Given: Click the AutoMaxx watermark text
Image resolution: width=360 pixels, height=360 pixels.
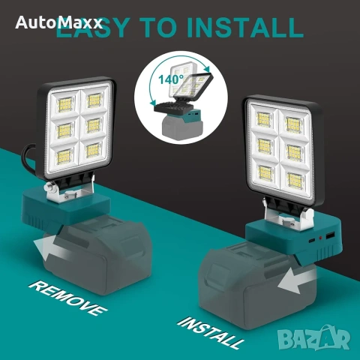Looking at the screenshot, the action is [x=58, y=22].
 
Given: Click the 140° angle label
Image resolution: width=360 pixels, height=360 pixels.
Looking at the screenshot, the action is [x=171, y=79].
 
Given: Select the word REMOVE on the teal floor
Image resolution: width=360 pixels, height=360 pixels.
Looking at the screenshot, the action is [x=68, y=298].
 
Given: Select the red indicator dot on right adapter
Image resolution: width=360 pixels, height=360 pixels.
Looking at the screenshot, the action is [x=320, y=238].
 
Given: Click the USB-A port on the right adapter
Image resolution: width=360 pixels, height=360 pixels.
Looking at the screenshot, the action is [x=330, y=235].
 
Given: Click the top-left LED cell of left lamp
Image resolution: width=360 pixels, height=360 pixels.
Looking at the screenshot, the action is [x=64, y=103].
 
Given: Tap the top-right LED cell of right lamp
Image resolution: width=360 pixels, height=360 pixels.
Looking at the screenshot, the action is [x=293, y=124].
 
